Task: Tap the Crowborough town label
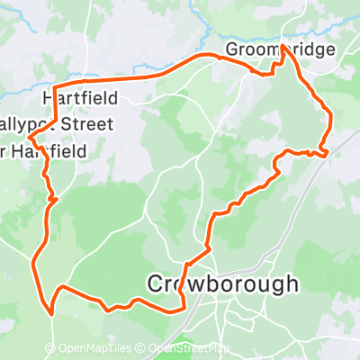click(222, 284)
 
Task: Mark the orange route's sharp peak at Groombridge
click(283, 45)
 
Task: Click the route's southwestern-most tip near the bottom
click(51, 313)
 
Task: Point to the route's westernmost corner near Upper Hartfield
click(31, 138)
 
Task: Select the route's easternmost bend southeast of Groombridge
click(332, 117)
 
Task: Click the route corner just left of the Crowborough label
click(185, 265)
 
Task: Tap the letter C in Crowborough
click(155, 284)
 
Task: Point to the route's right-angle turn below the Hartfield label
click(58, 120)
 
